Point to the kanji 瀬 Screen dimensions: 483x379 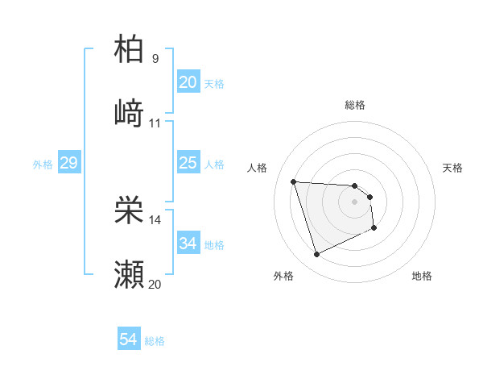pos(130,274)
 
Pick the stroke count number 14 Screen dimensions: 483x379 pos(155,219)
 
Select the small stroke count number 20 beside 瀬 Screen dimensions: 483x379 pos(155,284)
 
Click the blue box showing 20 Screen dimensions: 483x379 pos(188,81)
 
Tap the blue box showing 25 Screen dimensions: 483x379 pos(188,163)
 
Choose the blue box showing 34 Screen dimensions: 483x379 pos(188,243)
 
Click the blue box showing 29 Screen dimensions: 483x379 pos(68,163)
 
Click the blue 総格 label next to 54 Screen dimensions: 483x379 pos(155,341)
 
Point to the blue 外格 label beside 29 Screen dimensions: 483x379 pos(43,165)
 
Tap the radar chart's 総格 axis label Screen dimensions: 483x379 pos(355,105)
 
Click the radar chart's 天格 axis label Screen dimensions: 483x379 pos(453,168)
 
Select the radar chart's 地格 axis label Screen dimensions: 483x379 pos(422,276)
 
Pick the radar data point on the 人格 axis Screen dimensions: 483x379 pos(294,181)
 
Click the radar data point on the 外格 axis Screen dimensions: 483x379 pos(316,255)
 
